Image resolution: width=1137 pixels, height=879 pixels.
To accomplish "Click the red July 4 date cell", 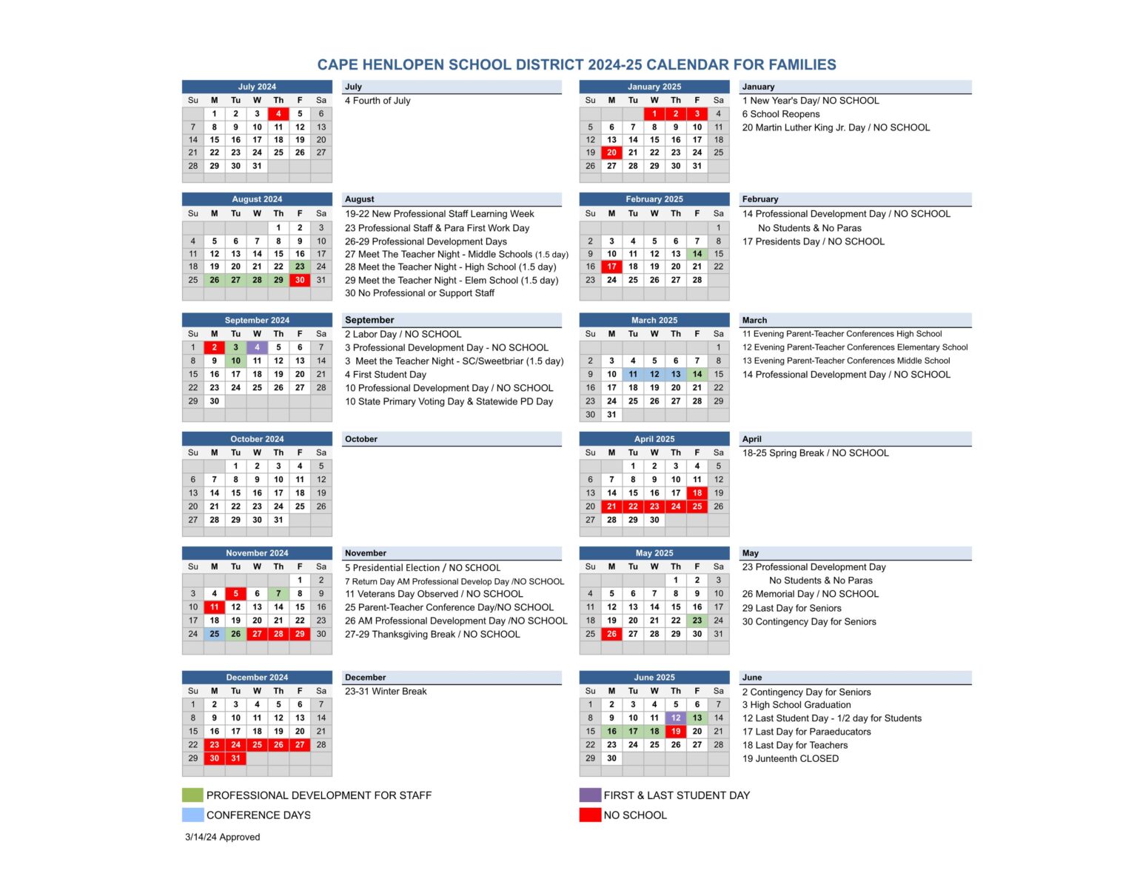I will (278, 114).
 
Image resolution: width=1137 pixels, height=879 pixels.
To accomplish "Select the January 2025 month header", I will (654, 87).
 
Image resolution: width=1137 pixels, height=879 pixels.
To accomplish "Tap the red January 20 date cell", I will (611, 153).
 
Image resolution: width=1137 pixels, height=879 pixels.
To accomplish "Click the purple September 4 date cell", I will (257, 347).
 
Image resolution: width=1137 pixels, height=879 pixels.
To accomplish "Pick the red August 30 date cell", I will (300, 280).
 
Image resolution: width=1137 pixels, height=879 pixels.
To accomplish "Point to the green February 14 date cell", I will (697, 253).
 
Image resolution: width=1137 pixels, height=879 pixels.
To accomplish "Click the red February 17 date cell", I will (611, 267).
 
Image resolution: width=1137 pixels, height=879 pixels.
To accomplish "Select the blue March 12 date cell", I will (654, 374).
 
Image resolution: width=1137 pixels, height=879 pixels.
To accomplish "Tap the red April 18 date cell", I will (697, 492).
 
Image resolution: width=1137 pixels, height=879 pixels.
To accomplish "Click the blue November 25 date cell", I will (214, 634).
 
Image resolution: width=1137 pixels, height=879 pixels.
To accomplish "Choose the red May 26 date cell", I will (611, 634).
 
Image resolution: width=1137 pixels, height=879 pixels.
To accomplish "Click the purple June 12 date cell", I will (676, 718).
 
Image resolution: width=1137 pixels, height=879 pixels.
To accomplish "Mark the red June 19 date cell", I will (676, 731).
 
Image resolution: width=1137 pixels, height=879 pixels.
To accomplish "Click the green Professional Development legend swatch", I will (192, 795).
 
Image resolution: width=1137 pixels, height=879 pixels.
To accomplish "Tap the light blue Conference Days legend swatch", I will (192, 815).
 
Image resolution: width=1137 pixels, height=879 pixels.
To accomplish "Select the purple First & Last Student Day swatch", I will (590, 795).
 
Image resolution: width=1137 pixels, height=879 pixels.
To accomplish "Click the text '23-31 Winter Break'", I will (386, 692).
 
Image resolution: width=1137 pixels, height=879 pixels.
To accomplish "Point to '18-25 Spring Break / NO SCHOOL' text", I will (815, 453).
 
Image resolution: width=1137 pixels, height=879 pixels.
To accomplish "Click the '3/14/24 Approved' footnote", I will (222, 838).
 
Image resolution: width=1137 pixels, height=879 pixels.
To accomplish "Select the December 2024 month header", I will (257, 678).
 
